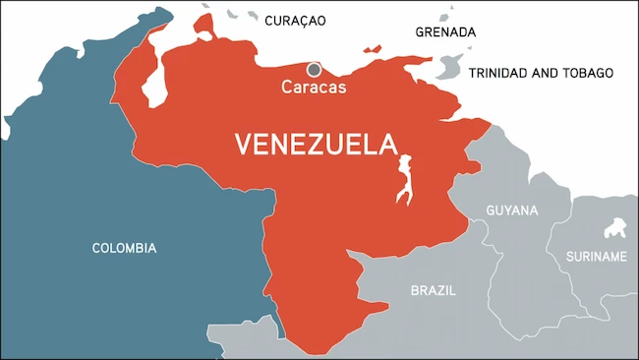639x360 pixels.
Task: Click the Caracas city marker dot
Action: point(314,70)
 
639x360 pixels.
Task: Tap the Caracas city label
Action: point(314,87)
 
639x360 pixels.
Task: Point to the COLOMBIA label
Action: point(124,248)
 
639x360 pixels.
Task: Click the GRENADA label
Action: point(444,31)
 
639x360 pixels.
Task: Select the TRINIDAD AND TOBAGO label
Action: point(541,73)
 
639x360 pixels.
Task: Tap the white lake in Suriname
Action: point(617,229)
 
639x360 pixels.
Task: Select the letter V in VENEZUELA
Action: point(243,145)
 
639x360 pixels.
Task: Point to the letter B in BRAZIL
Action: point(414,290)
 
